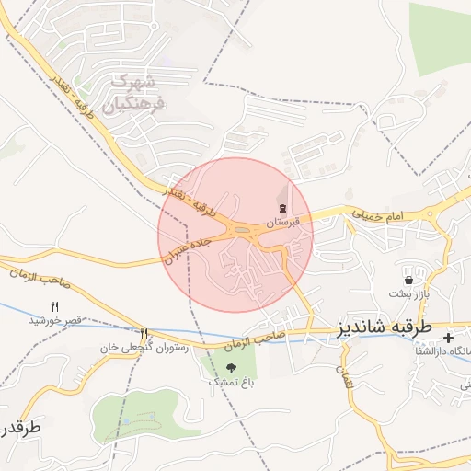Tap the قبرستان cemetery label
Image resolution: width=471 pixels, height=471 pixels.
(282, 223)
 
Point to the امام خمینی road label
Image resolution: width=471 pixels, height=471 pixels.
(377, 213)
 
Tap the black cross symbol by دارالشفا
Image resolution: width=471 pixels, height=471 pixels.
(448, 339)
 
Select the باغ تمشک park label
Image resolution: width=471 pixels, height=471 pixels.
(230, 381)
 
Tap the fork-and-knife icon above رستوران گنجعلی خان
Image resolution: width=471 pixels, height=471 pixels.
(144, 334)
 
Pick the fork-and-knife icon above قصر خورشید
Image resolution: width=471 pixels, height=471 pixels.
(54, 306)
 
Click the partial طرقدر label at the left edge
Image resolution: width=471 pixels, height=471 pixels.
(18, 429)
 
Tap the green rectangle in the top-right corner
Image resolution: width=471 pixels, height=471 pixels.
(440, 39)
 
